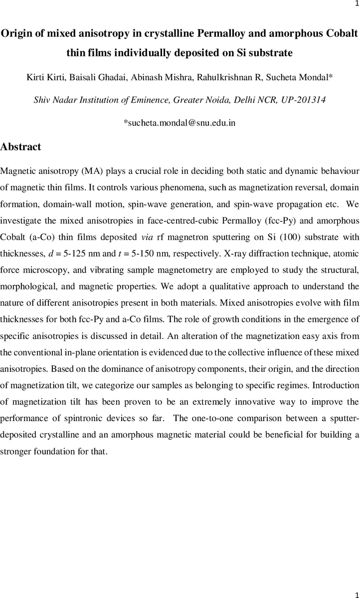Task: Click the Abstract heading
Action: click(21, 147)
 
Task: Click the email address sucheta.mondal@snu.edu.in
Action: click(180, 123)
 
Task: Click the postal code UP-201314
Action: click(307, 100)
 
